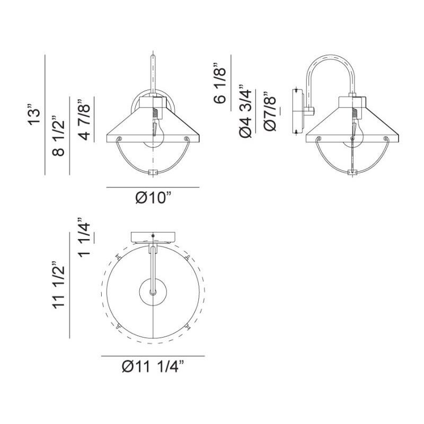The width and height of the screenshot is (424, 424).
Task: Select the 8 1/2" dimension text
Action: point(58,137)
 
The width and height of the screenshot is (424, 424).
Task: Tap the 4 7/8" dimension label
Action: point(84,120)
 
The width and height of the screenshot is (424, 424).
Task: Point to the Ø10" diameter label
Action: point(153,198)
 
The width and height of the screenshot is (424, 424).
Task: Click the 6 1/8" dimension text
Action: point(219,83)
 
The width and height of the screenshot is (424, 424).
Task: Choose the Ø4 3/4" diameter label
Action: point(245,111)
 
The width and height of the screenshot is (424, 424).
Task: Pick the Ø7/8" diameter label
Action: point(270,111)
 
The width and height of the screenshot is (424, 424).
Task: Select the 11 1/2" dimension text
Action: point(58,285)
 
